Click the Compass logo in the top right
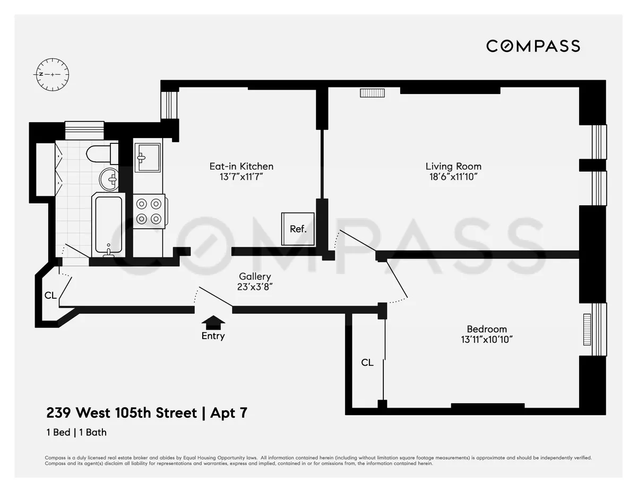tap(533, 46)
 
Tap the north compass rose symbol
tap(53, 74)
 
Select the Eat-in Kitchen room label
tap(241, 166)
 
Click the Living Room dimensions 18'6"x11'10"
tap(453, 177)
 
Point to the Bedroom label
tap(486, 329)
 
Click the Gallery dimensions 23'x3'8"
tap(255, 287)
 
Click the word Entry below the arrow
tap(213, 336)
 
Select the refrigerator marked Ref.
tap(298, 229)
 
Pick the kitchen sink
tap(147, 157)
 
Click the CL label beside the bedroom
tap(367, 363)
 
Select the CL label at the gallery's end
tap(50, 295)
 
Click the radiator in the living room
tap(372, 93)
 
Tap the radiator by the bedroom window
tap(587, 329)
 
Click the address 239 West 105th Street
tap(122, 413)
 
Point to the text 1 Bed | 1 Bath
tap(76, 432)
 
